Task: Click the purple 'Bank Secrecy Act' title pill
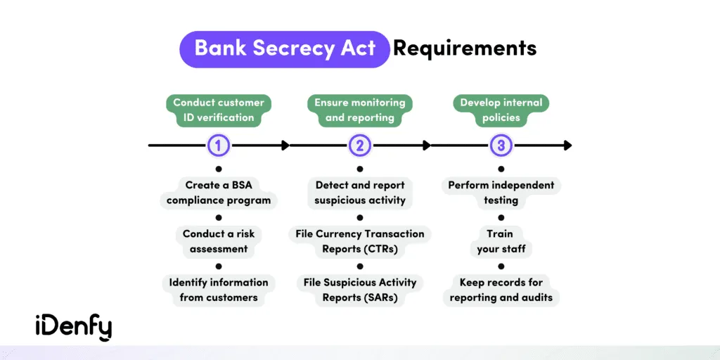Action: pos(285,49)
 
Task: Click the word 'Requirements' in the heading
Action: pos(465,49)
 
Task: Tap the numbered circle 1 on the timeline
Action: pos(219,146)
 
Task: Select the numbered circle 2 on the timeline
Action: pos(360,146)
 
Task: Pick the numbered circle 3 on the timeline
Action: pos(501,146)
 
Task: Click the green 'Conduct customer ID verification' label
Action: pos(219,110)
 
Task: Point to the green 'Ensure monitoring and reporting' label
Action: pos(359,110)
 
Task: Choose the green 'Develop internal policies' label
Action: pos(501,110)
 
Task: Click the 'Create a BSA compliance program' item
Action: pos(219,193)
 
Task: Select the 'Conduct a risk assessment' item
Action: pos(219,241)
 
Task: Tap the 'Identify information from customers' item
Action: pos(219,290)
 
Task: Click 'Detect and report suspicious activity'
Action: pos(360,193)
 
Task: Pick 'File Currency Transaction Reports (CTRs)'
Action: pos(360,241)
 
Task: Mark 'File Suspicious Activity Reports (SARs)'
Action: pos(360,290)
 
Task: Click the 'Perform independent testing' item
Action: pos(501,193)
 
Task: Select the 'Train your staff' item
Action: pos(501,241)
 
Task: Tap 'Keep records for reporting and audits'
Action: pos(501,290)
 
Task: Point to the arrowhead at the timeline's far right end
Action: pos(567,146)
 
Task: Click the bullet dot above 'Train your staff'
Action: pos(501,218)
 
